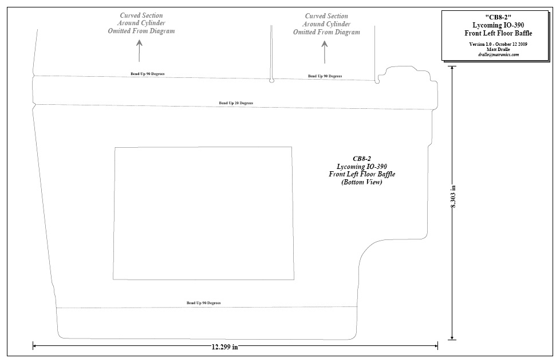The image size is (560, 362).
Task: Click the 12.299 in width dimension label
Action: pos(224,347)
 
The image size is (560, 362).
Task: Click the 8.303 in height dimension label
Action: pos(453,196)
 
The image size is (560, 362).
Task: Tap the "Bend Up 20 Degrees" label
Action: pos(236,103)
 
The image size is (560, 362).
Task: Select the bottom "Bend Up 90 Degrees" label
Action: pos(204,302)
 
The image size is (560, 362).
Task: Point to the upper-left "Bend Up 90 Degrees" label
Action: pos(148,74)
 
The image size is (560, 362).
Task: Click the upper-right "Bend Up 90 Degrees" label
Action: pos(325,76)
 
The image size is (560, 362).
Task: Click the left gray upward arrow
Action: pos(139,50)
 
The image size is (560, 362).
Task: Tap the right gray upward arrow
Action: pos(325,52)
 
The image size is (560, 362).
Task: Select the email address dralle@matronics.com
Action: pos(498,54)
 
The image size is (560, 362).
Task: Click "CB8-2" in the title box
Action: pos(498,17)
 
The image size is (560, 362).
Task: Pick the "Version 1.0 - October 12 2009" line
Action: pos(498,44)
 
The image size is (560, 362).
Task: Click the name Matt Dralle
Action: pos(498,49)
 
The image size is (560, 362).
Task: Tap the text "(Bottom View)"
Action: pos(362,182)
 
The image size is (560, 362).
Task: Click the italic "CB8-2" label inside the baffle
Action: pos(362,159)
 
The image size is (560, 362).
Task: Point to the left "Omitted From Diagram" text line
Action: pos(141,31)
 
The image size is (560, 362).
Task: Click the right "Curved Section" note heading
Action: pos(326,16)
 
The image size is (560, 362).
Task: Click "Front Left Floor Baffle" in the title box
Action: pos(498,33)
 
